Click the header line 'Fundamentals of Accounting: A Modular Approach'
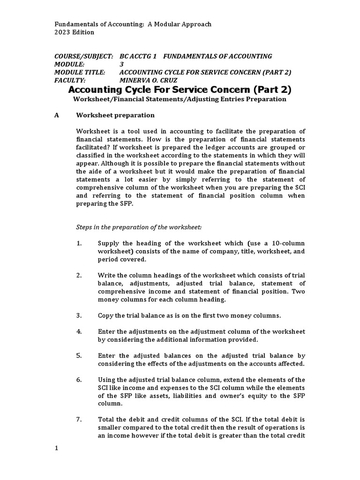click(133, 24)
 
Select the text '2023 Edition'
click(75, 32)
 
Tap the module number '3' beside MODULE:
click(122, 64)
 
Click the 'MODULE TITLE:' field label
click(80, 72)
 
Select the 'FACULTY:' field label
click(70, 80)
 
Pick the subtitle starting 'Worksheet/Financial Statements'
click(180, 99)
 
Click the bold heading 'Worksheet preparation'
click(115, 115)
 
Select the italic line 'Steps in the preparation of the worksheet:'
click(139, 227)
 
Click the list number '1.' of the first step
click(79, 243)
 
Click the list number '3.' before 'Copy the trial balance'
click(79, 315)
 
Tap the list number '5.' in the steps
click(79, 355)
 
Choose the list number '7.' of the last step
click(79, 419)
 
